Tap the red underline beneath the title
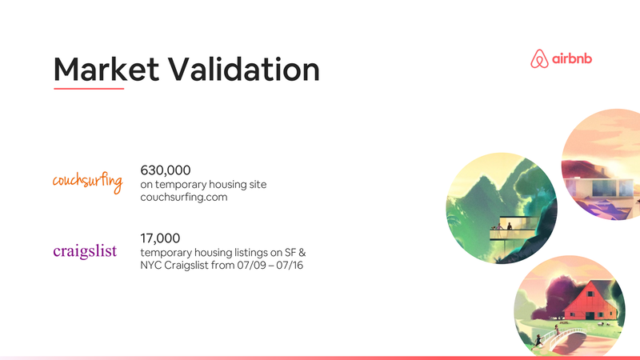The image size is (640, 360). tap(88, 89)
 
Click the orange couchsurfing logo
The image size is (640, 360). tap(87, 181)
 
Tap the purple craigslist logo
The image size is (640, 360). tap(85, 251)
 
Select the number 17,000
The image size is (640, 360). tap(160, 238)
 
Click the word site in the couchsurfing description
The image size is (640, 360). tap(256, 184)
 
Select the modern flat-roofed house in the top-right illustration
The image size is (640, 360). tap(600, 186)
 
